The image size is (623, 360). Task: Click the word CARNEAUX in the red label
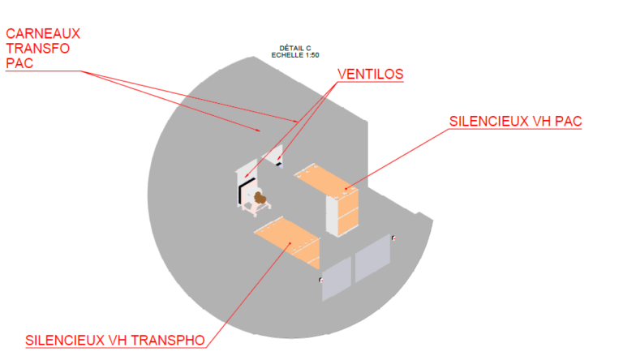pos(43,33)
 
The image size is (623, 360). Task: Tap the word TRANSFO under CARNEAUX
pos(38,49)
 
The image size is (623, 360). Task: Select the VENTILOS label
pos(370,75)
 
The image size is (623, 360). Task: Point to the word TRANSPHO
pos(168,341)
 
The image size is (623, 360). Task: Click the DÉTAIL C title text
pos(295,48)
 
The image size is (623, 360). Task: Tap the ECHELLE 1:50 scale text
pos(295,55)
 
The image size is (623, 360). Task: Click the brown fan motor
pos(260,198)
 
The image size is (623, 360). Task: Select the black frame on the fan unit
pos(246,191)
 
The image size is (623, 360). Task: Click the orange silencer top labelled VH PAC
pos(326,180)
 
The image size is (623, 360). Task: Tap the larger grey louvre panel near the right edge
pos(372,259)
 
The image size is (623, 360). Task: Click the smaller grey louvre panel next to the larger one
pos(337,278)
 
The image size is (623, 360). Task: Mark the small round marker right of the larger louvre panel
pos(393,238)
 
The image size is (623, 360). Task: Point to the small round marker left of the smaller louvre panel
pos(320,280)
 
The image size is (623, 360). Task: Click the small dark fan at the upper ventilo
pos(279,164)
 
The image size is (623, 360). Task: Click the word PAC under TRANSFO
pos(19,63)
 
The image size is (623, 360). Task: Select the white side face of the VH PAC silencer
pos(332,215)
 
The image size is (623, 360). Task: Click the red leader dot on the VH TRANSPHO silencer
pos(290,242)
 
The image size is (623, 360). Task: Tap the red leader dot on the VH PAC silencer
pos(346,188)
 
